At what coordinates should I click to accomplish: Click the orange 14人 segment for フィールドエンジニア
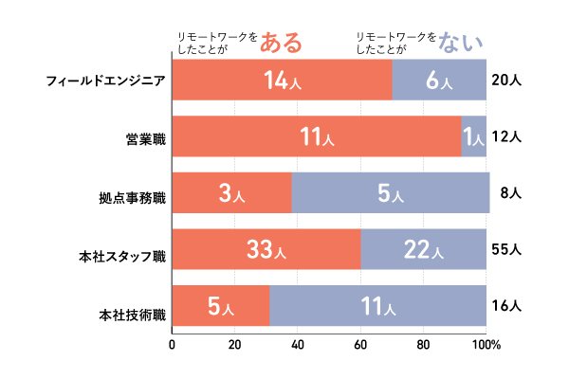(282, 80)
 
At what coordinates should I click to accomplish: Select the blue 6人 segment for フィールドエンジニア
(439, 80)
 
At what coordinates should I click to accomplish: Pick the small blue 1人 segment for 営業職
(473, 136)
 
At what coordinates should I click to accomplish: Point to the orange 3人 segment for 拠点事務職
(231, 193)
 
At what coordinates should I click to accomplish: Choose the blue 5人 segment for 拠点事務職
(390, 193)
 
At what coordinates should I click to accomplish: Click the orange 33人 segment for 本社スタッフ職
(266, 250)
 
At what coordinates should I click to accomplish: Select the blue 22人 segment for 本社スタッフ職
(423, 250)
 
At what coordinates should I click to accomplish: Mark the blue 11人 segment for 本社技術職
(377, 305)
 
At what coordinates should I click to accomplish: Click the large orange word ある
(281, 42)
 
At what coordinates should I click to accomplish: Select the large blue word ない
(462, 42)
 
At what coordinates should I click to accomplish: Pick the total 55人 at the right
(507, 250)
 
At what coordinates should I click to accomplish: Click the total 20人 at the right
(507, 81)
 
